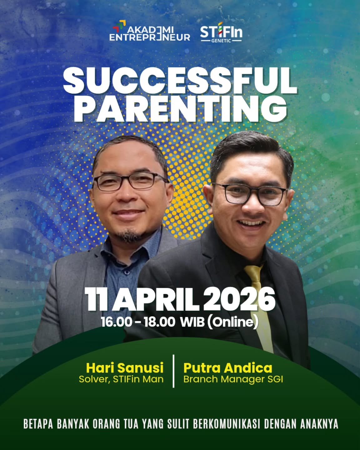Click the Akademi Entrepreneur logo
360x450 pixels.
click(x=150, y=31)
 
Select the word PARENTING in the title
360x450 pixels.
click(x=180, y=109)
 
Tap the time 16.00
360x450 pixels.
click(x=116, y=322)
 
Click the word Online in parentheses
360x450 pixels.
click(x=232, y=322)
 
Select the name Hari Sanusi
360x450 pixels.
click(x=125, y=368)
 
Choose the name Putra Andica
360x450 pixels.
click(x=228, y=368)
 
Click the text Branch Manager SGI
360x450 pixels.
click(x=233, y=379)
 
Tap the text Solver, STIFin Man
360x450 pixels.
click(x=121, y=379)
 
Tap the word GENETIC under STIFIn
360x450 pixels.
click(x=221, y=41)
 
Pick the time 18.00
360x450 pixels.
click(x=159, y=322)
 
